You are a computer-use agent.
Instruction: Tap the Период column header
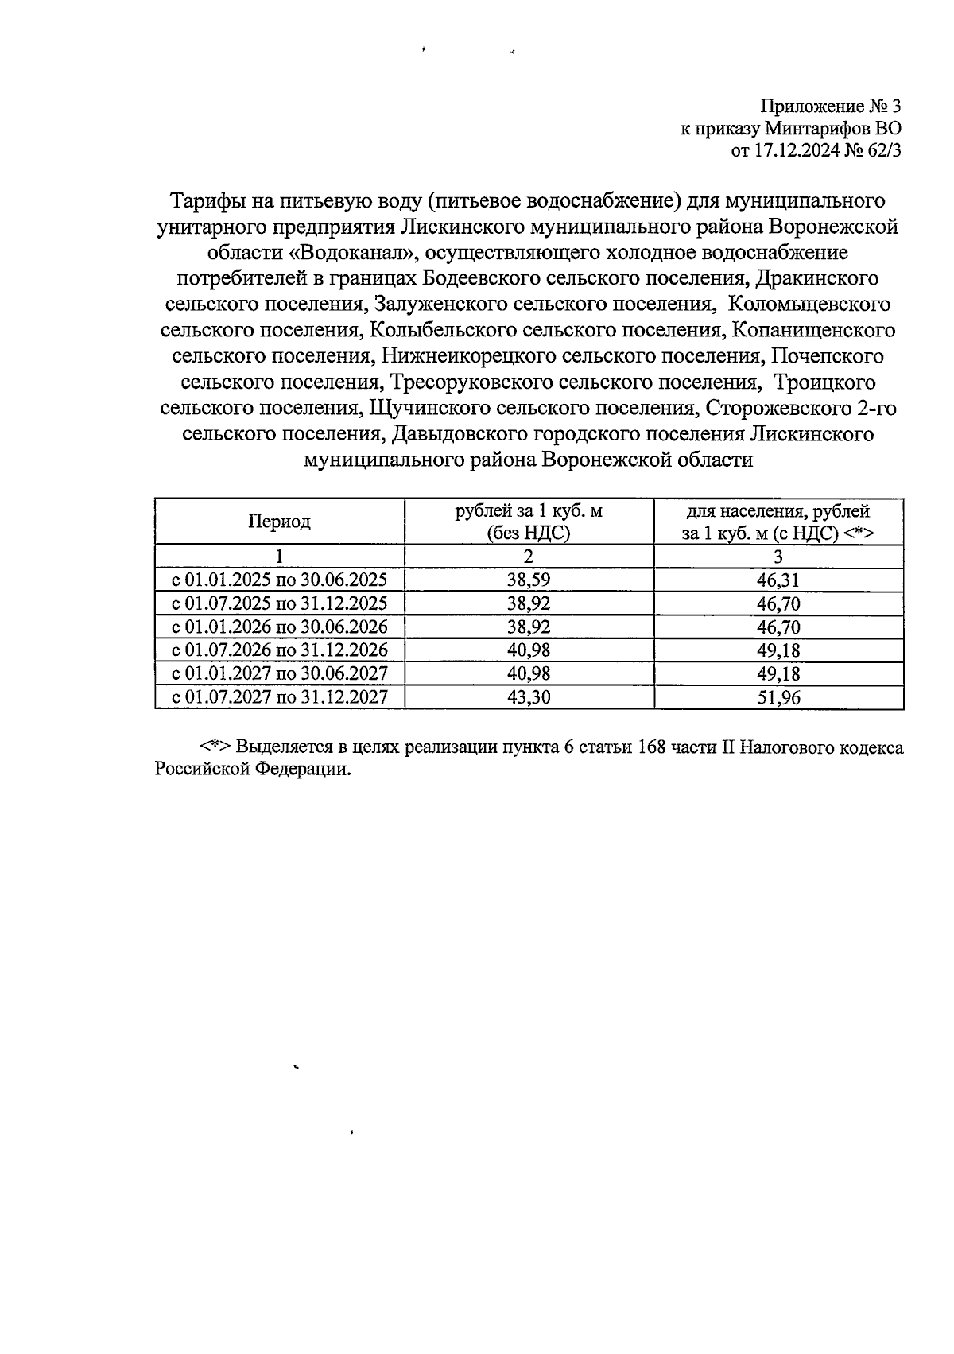coord(279,522)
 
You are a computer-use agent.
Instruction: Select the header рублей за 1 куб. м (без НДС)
coord(529,522)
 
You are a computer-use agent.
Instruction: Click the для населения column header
coord(778,522)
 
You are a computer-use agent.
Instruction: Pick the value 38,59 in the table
coord(529,580)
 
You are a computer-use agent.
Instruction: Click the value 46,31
coord(778,580)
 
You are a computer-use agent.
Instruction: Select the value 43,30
coord(529,698)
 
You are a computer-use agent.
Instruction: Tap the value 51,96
coord(778,698)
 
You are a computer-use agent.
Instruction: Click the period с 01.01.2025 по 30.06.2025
coord(279,580)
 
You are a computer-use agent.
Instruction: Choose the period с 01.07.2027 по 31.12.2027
coord(279,698)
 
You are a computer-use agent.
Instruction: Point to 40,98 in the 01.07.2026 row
coord(529,650)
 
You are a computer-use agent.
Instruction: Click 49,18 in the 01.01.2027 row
coord(778,674)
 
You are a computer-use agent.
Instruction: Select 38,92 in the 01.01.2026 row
coord(529,627)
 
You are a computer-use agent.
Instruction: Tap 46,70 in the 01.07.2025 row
coord(778,603)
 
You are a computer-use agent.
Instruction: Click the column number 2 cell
coord(529,556)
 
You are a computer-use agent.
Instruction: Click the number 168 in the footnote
coord(653,748)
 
